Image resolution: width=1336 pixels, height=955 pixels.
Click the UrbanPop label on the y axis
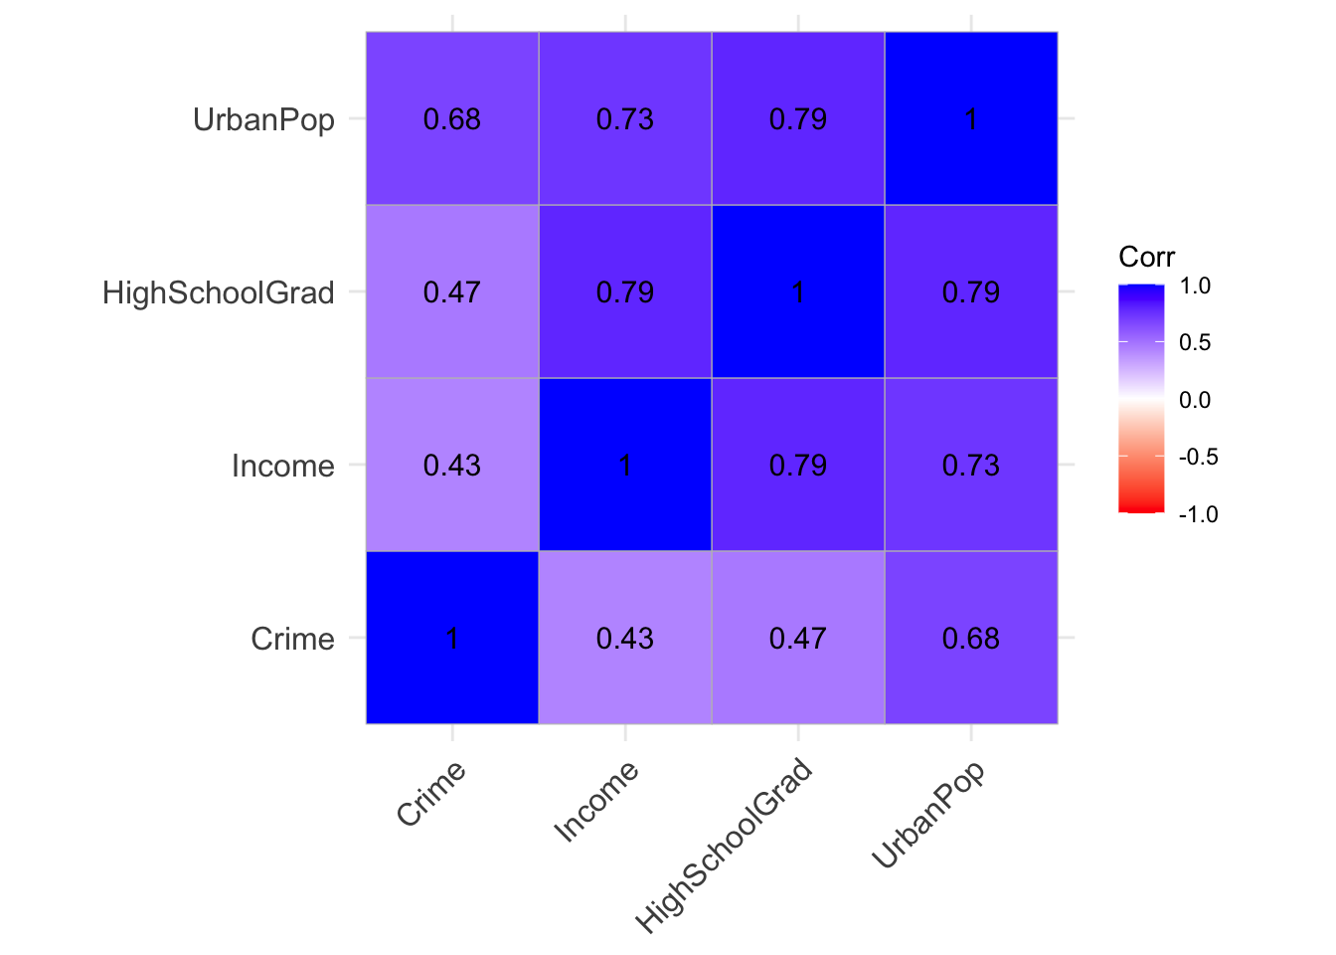tap(263, 120)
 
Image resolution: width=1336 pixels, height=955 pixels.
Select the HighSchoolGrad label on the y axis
tap(219, 293)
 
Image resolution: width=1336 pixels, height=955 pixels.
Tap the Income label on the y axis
tap(282, 466)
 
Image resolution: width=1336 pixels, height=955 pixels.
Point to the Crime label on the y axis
tap(292, 639)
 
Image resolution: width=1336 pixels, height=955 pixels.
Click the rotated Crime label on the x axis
tap(431, 794)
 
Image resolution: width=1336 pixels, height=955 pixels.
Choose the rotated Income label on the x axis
tap(595, 803)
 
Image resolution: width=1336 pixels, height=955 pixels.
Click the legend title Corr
tap(1146, 258)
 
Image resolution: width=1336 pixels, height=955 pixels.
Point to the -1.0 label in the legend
tap(1197, 514)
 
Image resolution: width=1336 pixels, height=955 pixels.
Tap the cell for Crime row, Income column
tap(625, 638)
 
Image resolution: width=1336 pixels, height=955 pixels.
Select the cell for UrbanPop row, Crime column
tap(452, 119)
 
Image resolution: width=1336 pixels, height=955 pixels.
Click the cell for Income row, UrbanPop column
tap(971, 465)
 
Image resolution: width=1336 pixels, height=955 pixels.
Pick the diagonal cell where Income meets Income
tap(625, 465)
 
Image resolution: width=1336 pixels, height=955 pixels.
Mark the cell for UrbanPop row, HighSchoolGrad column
tap(798, 119)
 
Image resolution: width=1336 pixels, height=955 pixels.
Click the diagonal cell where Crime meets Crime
tap(452, 638)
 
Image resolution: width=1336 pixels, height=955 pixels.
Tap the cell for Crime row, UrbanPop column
tap(971, 638)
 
